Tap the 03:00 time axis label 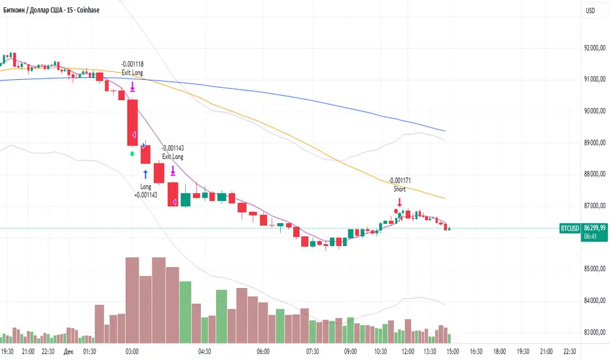[132, 351]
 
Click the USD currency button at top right [590, 10]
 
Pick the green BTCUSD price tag [569, 228]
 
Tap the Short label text [399, 189]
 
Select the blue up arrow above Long [145, 174]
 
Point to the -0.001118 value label [132, 63]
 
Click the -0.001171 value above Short [399, 181]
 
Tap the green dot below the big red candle [132, 153]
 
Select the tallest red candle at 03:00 [132, 122]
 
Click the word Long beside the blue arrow [145, 187]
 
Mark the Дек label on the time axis [68, 351]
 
